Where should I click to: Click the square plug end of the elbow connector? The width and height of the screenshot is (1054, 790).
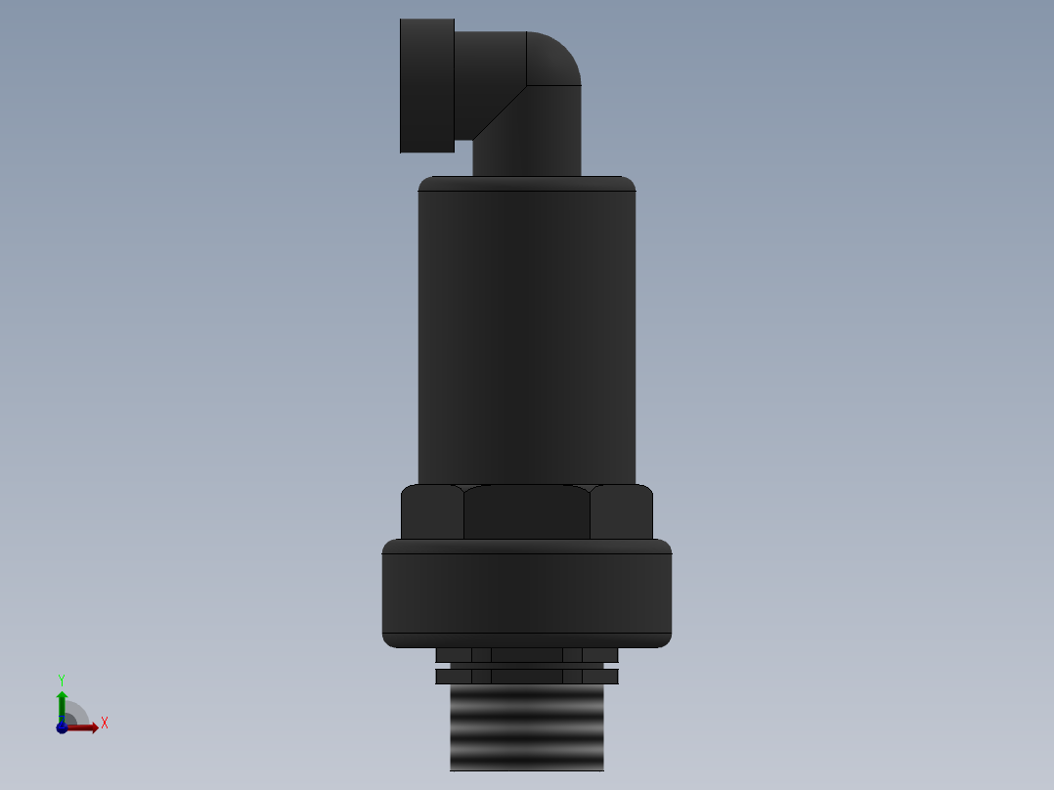click(427, 86)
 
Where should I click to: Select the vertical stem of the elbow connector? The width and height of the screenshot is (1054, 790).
click(528, 137)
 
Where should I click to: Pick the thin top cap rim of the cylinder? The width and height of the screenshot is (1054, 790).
click(527, 184)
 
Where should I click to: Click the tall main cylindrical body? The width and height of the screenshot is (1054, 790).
click(527, 332)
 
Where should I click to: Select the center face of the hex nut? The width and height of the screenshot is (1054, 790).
click(527, 512)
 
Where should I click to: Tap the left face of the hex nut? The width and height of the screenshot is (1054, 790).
click(432, 512)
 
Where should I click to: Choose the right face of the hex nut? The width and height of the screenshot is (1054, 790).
click(622, 512)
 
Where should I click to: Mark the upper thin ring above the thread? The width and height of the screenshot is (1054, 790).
click(527, 654)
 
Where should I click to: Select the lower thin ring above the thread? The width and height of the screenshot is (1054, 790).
click(527, 676)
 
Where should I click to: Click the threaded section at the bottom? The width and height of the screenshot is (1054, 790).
click(527, 727)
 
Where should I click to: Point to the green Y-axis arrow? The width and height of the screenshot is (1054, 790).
click(62, 702)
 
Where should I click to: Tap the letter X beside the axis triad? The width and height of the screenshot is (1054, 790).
click(105, 724)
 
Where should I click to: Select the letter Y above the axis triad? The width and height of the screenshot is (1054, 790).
click(62, 680)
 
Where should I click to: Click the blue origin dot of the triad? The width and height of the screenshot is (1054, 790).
click(62, 727)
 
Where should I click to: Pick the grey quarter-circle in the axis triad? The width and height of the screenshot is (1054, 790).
click(75, 714)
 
